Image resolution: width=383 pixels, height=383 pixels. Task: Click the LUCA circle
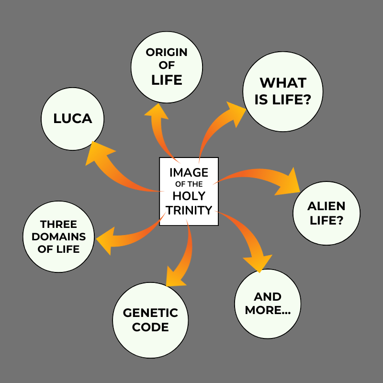point(73,119)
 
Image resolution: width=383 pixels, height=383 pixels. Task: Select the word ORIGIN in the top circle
point(167,52)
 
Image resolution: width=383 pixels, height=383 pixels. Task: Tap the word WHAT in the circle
point(283,83)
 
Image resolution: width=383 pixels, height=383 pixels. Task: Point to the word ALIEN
point(327,206)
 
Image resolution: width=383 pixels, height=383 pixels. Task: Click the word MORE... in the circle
point(268,310)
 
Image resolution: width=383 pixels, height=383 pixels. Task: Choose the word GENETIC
point(150,313)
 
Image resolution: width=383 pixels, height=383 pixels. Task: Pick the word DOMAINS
point(58,237)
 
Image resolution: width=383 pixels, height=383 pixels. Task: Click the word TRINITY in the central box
point(189,210)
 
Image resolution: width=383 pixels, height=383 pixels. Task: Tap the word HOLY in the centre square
point(189,196)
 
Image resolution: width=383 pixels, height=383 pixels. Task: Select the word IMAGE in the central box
point(189,173)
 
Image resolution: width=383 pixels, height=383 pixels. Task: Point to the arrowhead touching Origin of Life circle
point(157,112)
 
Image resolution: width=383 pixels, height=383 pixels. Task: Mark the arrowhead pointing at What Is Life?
point(235,113)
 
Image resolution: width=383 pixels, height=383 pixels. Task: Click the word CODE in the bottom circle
point(150,327)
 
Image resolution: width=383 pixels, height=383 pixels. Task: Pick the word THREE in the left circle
point(58,224)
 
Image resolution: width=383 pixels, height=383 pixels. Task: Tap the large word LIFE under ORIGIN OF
point(167,80)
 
